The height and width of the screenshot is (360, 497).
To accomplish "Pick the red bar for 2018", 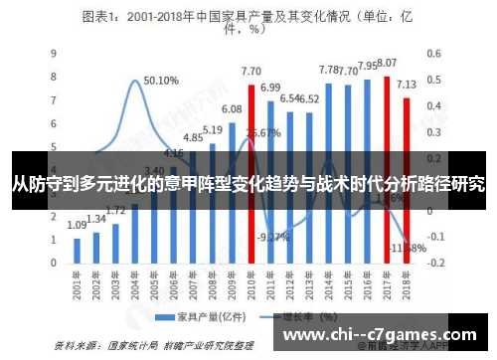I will (x=406, y=159).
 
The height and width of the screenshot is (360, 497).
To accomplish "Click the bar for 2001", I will (x=78, y=249).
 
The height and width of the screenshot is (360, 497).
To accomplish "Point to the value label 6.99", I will (x=270, y=88).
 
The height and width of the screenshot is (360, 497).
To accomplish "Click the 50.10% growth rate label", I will (x=161, y=81).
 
